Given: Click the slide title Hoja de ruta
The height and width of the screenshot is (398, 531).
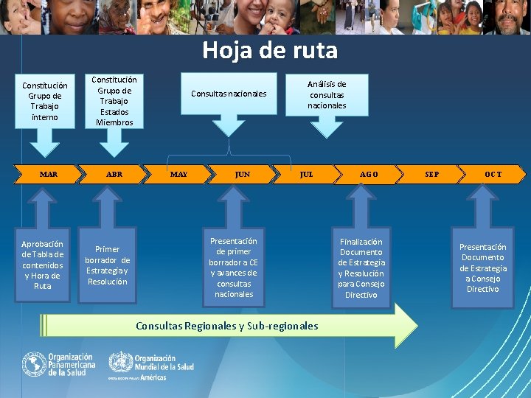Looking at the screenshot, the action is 270,50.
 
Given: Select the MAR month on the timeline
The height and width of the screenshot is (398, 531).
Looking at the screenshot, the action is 49,175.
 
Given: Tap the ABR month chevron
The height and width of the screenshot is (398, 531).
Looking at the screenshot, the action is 114,175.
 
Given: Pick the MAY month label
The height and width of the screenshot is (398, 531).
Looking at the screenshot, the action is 178,175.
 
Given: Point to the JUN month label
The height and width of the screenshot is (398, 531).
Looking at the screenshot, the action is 242,175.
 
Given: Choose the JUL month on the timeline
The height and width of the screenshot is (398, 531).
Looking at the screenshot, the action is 306,175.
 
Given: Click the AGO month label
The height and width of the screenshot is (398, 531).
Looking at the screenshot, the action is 369,175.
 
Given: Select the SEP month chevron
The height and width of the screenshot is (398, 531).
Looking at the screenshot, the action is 432,175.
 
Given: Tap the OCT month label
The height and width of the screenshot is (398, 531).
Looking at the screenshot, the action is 493,175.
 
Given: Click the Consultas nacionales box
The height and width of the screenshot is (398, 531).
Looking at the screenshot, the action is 229,94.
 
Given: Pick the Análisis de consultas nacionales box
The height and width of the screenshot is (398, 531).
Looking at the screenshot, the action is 327,94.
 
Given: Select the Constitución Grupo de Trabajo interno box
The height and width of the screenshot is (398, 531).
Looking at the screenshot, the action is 44,101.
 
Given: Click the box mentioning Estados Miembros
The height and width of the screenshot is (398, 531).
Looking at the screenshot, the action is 114,101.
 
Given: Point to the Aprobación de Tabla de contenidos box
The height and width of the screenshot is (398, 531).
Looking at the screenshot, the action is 43,264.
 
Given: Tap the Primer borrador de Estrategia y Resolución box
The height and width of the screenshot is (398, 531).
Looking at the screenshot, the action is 108,265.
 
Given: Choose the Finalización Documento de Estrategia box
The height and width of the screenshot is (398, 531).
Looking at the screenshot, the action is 361,268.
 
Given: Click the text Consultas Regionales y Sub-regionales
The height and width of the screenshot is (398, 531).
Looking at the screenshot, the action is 227,326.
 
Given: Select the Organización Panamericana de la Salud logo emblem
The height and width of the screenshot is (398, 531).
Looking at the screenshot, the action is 33,364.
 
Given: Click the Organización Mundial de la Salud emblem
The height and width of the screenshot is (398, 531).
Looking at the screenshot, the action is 121,363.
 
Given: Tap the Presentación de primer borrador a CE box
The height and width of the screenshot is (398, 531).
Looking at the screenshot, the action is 233,267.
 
